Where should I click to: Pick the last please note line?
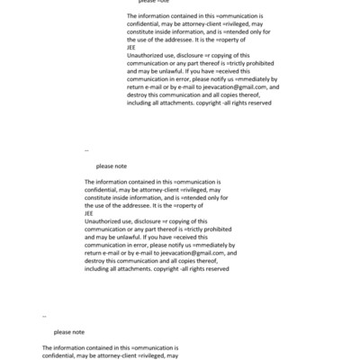(68, 332)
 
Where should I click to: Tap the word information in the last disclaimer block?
(69, 347)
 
